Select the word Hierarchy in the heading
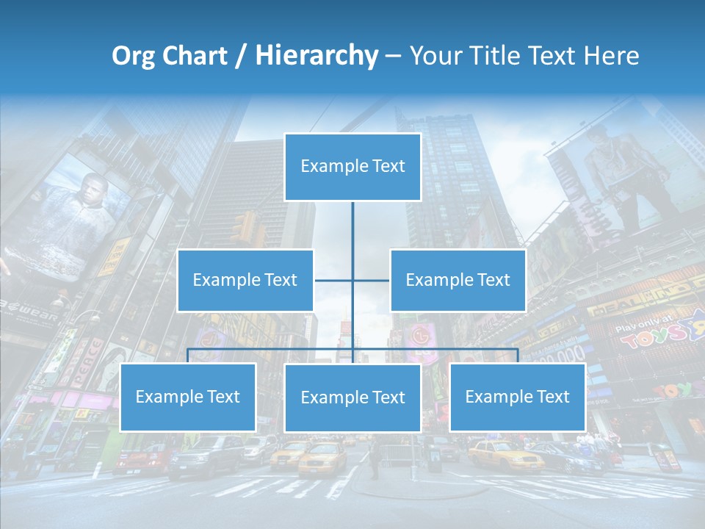(316, 56)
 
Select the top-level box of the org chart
(352, 167)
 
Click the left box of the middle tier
(245, 280)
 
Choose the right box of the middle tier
(458, 280)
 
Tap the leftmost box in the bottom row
(187, 397)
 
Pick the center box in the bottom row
(352, 397)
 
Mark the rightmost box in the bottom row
(517, 397)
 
